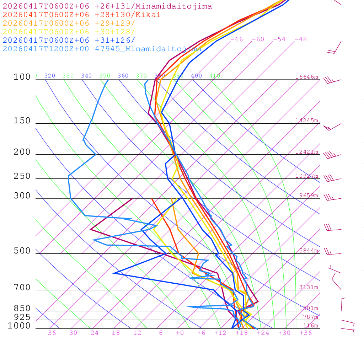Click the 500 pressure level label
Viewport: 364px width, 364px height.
(x=22, y=251)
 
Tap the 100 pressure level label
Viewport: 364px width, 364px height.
(x=22, y=77)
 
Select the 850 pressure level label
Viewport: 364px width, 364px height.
(x=22, y=308)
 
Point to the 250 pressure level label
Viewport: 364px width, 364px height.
(x=22, y=176)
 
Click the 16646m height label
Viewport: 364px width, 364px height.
(x=306, y=77)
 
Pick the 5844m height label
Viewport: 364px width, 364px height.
(x=309, y=251)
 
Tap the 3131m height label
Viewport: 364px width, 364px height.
(x=309, y=287)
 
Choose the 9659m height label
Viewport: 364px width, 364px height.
(x=309, y=196)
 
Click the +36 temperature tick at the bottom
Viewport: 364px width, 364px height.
(x=305, y=333)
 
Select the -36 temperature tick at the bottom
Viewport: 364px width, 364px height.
(x=49, y=333)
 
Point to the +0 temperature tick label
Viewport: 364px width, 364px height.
(x=180, y=333)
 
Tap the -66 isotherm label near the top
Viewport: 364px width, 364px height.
(x=236, y=39)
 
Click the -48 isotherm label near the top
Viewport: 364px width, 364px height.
(x=300, y=39)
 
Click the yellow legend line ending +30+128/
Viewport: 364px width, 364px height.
(x=69, y=32)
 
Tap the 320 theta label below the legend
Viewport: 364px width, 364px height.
(x=49, y=76)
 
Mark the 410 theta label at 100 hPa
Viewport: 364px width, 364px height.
(x=215, y=76)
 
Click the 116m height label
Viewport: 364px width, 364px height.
(x=310, y=326)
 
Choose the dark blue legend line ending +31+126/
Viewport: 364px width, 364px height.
(x=69, y=41)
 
